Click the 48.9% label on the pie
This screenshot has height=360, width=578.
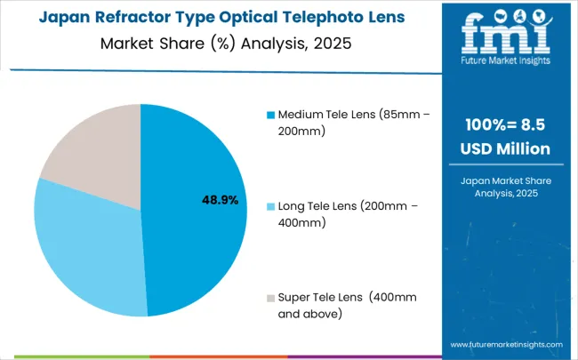coord(220,200)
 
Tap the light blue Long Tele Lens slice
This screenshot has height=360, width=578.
coord(84,249)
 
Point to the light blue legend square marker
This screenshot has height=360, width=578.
coord(269,207)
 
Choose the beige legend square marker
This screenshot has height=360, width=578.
coord(269,297)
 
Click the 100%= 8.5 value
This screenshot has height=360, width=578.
coord(508,125)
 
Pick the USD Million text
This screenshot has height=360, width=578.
coord(508,148)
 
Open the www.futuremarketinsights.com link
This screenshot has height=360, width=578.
coord(506,343)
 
